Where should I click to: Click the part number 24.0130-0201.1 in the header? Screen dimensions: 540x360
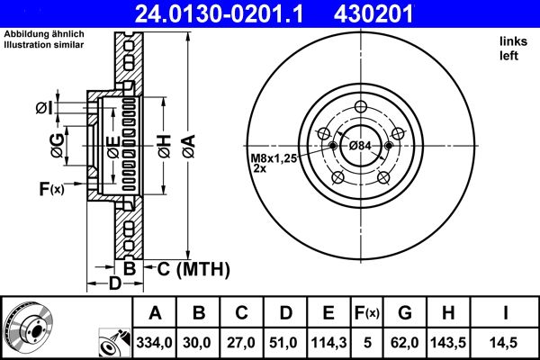[x=219, y=13]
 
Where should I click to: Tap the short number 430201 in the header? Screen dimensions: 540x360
[x=373, y=13]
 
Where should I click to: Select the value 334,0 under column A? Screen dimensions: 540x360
[x=154, y=343]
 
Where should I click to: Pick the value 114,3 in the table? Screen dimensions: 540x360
[x=328, y=343]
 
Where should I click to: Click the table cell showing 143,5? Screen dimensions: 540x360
[x=448, y=343]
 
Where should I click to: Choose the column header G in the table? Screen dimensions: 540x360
[x=405, y=313]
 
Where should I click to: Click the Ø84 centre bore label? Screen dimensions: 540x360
[x=360, y=146]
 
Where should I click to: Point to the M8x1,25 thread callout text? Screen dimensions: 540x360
[x=274, y=158]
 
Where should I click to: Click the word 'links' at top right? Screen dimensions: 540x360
[x=514, y=41]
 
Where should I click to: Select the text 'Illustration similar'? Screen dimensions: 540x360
[x=44, y=45]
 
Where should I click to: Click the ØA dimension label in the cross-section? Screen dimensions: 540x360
[x=189, y=147]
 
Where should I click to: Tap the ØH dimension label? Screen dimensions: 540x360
[x=165, y=147]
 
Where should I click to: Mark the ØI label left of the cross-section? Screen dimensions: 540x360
[x=44, y=108]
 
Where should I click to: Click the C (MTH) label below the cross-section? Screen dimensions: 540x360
[x=193, y=269]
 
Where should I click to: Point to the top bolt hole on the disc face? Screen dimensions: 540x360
[x=361, y=106]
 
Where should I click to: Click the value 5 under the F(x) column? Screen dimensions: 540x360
[x=367, y=343]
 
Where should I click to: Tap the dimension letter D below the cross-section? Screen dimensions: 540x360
[x=115, y=283]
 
